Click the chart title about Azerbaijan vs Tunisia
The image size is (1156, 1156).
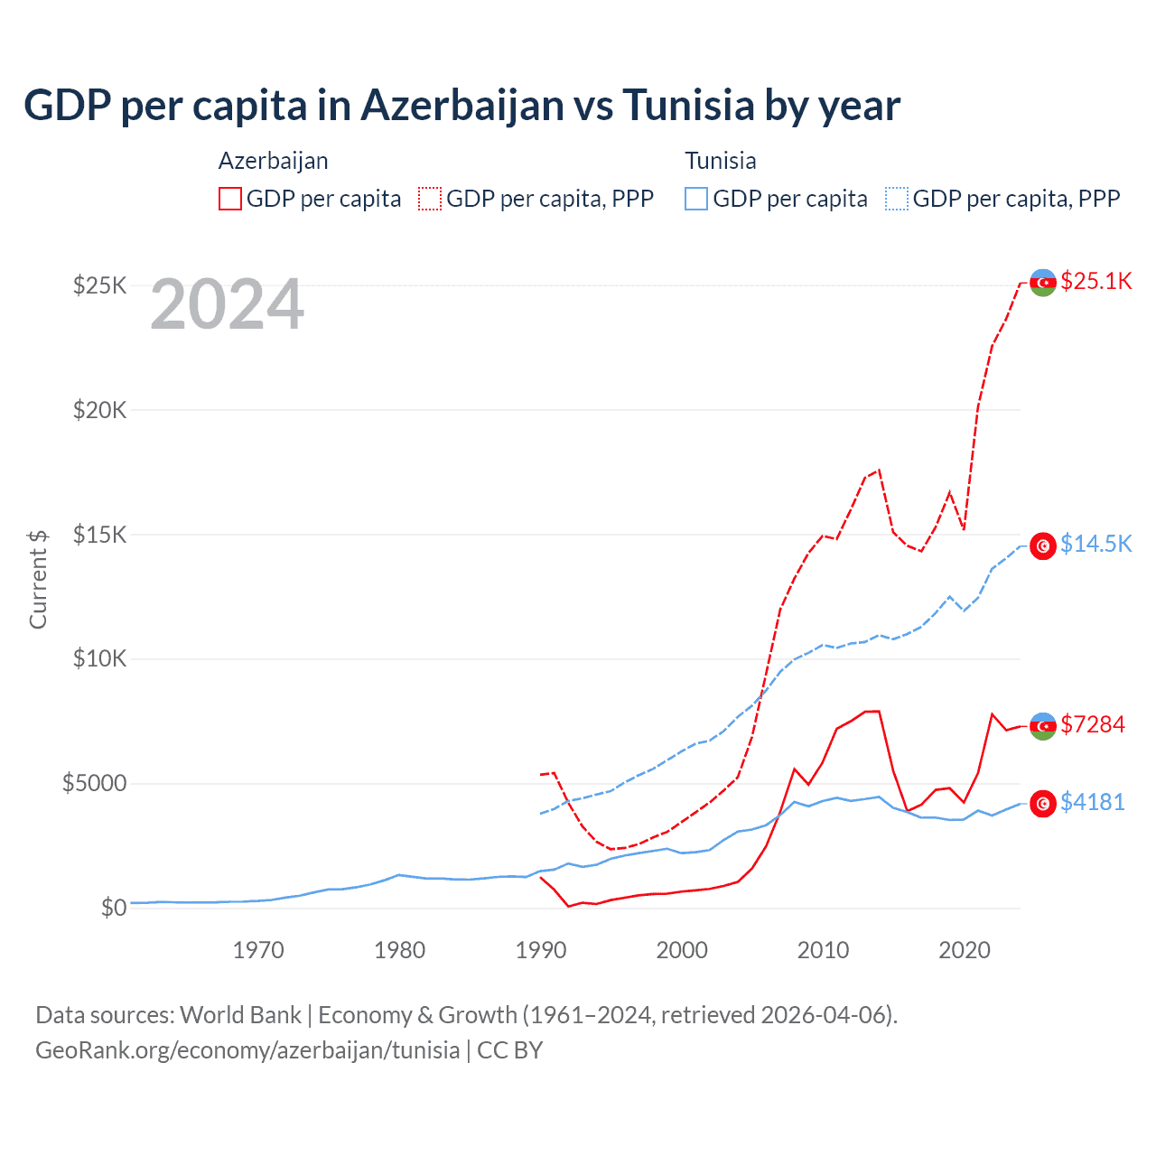click(461, 106)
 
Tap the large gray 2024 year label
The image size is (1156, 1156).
click(227, 304)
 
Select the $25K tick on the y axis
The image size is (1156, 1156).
click(100, 286)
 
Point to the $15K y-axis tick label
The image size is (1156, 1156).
click(100, 535)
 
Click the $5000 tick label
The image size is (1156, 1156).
click(94, 783)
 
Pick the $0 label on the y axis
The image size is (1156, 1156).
click(113, 908)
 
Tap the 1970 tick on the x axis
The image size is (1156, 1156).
click(258, 950)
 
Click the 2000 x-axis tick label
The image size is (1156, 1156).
click(682, 950)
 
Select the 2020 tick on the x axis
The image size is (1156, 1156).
click(965, 950)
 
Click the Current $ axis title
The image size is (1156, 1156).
click(38, 579)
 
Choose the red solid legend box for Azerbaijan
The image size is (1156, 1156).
click(230, 199)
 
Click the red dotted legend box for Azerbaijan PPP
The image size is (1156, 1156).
click(430, 199)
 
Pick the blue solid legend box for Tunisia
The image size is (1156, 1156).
click(696, 199)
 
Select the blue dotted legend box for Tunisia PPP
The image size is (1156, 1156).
click(897, 199)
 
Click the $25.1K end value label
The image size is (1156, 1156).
click(1095, 281)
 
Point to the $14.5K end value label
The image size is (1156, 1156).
click(1095, 544)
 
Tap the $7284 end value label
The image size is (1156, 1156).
click(1092, 724)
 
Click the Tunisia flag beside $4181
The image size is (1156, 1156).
click(1043, 803)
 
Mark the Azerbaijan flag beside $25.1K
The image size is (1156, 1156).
click(1043, 282)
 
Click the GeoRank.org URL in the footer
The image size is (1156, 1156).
click(247, 1050)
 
